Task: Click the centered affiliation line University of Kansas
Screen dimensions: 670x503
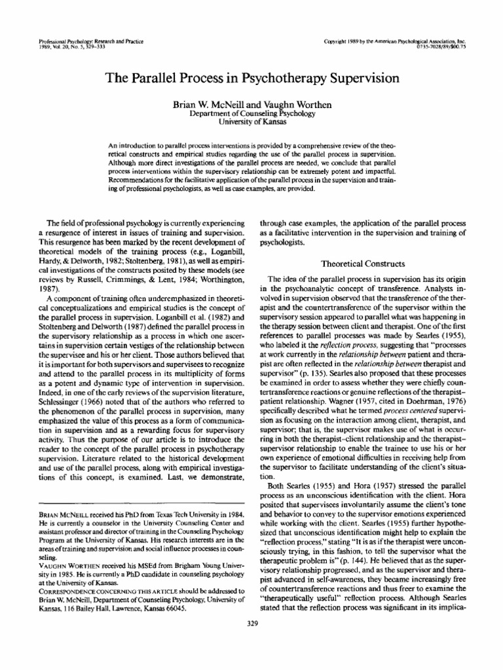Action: pos(251,122)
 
